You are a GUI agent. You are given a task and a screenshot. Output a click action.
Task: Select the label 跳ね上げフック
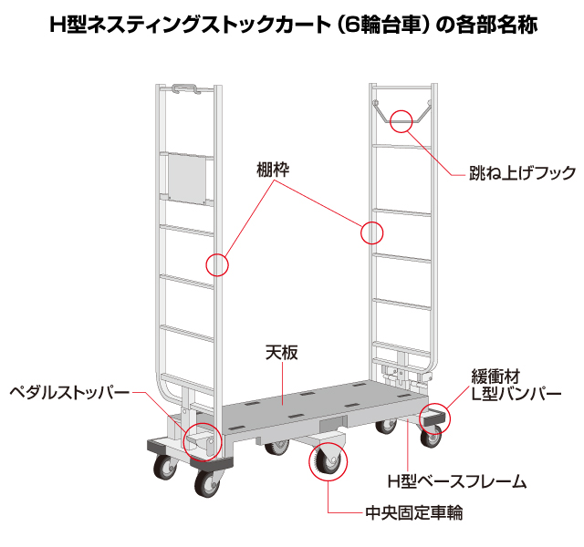pyautogui.click(x=522, y=172)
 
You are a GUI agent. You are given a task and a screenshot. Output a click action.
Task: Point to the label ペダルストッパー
pyautogui.click(x=68, y=393)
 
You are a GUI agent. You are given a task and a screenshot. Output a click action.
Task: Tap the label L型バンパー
pyautogui.click(x=516, y=394)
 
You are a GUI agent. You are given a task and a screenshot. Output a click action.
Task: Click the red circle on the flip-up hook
pyautogui.click(x=402, y=119)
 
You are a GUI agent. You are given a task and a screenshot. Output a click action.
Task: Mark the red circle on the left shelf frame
pyautogui.click(x=217, y=264)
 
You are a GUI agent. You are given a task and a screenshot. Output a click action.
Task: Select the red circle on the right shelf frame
pyautogui.click(x=372, y=232)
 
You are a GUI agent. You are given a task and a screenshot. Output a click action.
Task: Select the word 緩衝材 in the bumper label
pyautogui.click(x=495, y=376)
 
